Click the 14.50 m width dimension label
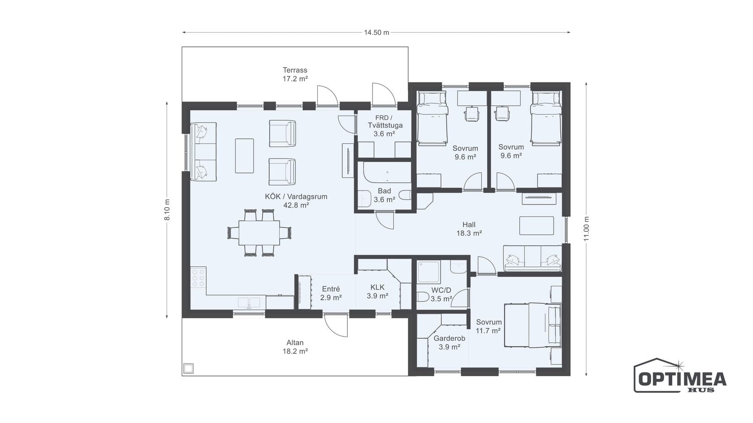376,33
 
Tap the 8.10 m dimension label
167,210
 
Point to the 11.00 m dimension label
587,229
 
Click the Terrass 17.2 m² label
295,74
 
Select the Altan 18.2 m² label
295,347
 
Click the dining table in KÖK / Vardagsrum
259,233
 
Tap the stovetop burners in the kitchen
198,277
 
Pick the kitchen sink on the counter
249,303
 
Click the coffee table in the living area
244,156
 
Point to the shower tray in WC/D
428,272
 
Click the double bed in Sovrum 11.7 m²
532,325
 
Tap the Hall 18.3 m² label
469,229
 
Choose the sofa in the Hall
532,258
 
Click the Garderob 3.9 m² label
450,342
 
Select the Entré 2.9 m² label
331,293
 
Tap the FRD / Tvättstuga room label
385,125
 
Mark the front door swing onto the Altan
336,325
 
